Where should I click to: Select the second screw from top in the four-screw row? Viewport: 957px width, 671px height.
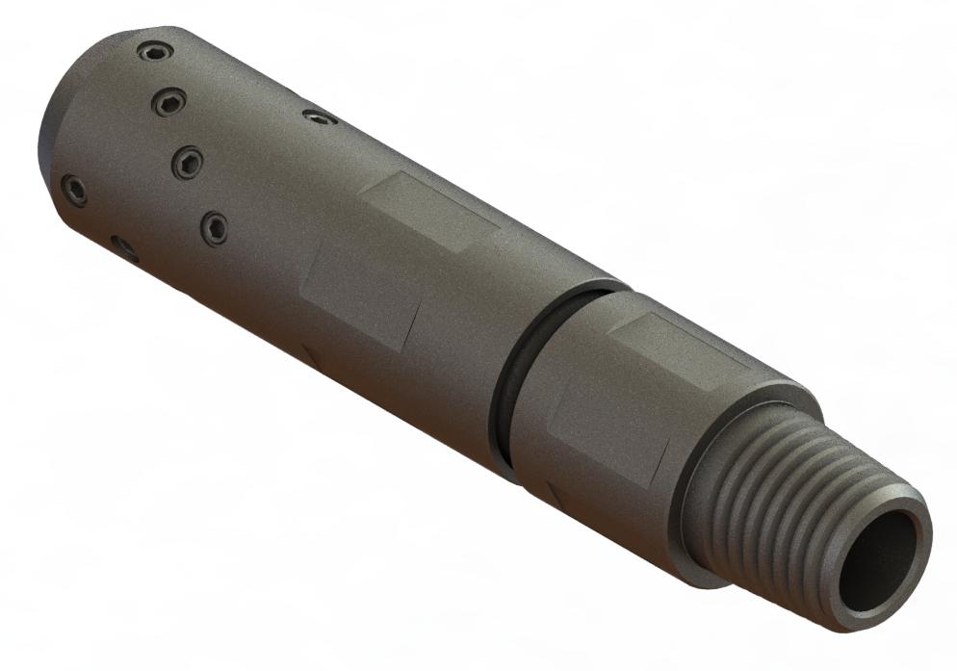169,103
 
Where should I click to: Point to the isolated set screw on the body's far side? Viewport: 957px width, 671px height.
319,117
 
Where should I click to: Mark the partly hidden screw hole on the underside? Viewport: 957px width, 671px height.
124,249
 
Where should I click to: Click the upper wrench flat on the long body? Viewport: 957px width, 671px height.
428,212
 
